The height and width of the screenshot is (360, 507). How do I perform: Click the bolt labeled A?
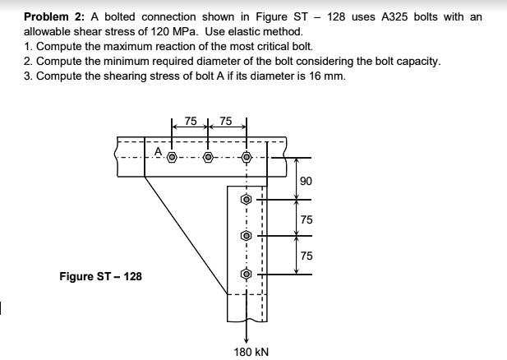(x=172, y=155)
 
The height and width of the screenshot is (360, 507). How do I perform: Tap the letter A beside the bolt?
(x=159, y=150)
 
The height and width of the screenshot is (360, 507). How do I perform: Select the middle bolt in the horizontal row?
(x=208, y=155)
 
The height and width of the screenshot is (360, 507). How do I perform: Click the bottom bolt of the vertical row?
(x=245, y=275)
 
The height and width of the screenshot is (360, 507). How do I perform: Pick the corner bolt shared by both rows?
(x=245, y=156)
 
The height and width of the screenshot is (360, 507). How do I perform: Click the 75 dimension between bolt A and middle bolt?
(x=190, y=121)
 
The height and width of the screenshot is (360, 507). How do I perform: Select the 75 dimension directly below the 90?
(x=306, y=219)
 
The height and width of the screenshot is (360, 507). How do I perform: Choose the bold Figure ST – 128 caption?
(x=100, y=276)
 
